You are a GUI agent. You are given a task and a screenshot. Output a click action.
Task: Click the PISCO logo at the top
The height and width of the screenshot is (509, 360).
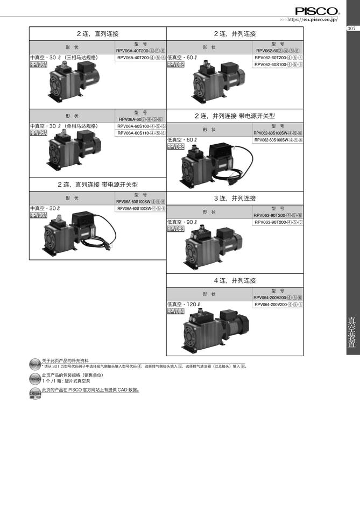tap(317, 10)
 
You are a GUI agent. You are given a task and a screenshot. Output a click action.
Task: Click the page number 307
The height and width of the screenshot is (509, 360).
tap(352, 29)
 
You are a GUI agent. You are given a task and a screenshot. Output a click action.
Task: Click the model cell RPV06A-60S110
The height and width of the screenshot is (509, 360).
tap(141, 133)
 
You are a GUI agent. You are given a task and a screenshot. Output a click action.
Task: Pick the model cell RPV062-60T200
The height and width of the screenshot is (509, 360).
tap(278, 57)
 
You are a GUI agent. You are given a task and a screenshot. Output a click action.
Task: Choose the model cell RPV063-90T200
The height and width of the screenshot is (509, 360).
tap(278, 222)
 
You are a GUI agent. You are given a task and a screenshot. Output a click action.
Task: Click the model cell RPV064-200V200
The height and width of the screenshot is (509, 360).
tap(278, 305)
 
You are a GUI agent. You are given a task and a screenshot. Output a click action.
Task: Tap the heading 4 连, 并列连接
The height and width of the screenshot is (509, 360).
tap(235, 280)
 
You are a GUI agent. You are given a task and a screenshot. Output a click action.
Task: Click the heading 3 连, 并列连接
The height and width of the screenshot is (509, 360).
tap(235, 198)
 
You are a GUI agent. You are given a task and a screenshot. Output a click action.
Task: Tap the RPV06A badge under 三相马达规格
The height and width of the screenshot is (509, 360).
tap(39, 65)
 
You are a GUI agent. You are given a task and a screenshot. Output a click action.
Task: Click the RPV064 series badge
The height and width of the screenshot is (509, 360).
tap(176, 312)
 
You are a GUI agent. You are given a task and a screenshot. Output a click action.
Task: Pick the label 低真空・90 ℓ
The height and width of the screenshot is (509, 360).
tap(182, 222)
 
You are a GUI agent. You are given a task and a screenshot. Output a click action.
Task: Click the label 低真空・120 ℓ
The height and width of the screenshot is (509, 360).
tap(183, 305)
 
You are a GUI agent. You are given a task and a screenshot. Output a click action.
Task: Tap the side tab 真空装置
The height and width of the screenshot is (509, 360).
tap(352, 334)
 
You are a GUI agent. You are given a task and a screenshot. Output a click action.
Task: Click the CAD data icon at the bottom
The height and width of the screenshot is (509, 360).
tap(35, 395)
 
